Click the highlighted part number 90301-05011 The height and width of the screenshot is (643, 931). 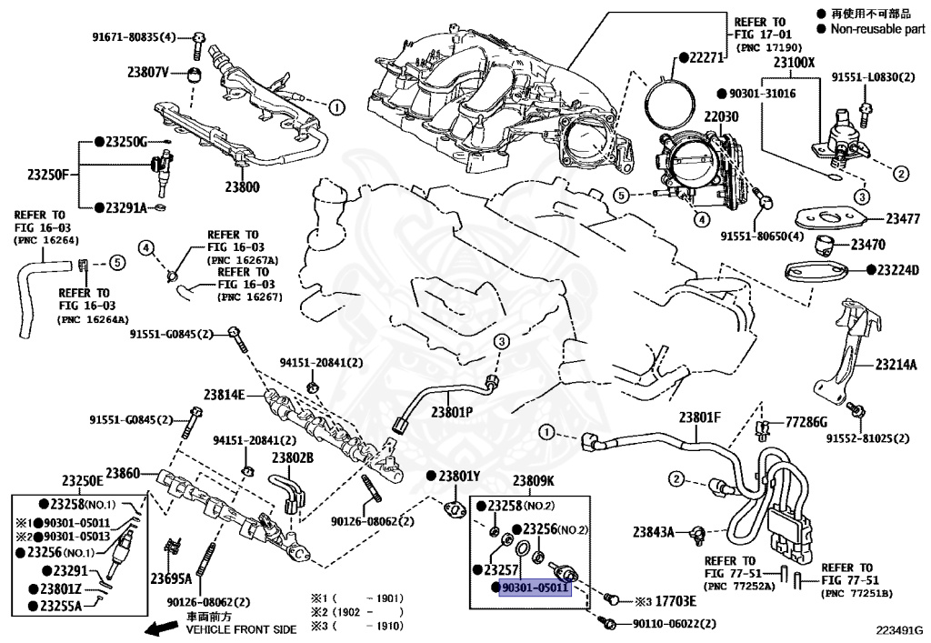[535, 588]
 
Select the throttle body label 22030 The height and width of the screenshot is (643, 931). [721, 116]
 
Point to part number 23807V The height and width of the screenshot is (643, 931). [148, 73]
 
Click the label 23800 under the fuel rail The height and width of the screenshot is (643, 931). [242, 187]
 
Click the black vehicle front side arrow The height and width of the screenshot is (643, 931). [162, 628]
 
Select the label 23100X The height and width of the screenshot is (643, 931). [794, 62]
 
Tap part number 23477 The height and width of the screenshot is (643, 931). [903, 219]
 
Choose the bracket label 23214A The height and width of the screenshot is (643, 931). [896, 365]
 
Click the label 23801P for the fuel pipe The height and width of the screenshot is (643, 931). [452, 412]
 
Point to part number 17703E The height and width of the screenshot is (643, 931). [676, 601]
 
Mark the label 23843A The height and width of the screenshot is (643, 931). [653, 532]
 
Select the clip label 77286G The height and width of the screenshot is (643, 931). [806, 422]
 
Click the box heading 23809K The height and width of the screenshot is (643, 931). [533, 481]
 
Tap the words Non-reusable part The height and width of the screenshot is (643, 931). [877, 28]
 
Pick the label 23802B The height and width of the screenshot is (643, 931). [293, 457]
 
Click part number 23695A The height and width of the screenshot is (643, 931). [171, 578]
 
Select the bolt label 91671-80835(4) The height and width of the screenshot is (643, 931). [135, 37]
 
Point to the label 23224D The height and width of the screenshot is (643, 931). [897, 270]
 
